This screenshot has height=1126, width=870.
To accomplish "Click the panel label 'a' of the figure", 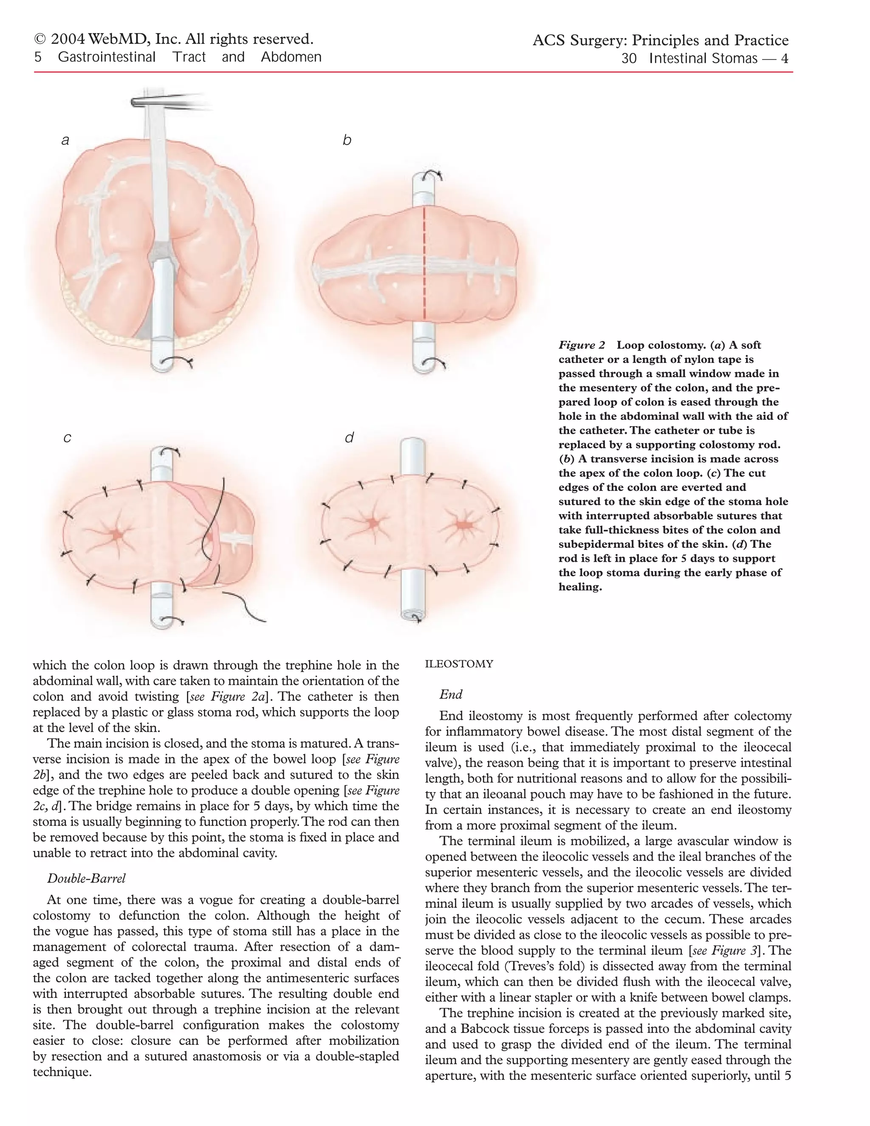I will coord(65,140).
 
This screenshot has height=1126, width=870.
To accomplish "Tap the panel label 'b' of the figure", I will coord(347,140).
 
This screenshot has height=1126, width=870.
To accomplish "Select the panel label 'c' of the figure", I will coord(67,438).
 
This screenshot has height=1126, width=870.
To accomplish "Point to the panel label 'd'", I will coord(349,438).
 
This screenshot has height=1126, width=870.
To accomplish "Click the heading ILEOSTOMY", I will coord(459,664).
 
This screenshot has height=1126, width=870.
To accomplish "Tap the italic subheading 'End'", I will coord(451,694).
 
